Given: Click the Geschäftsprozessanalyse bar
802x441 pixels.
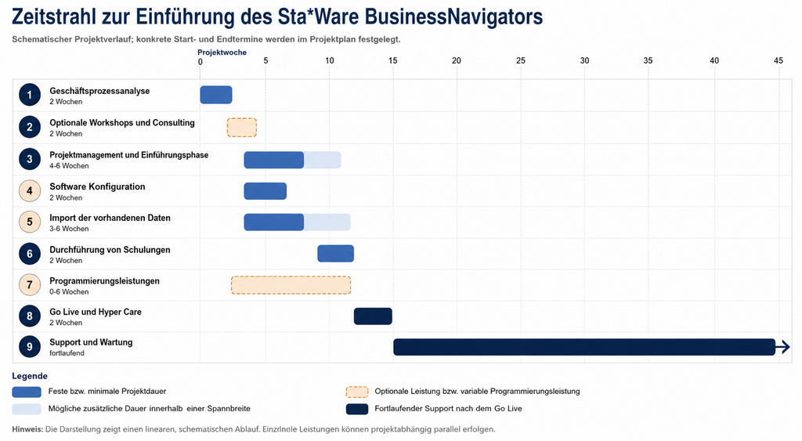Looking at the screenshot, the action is (216, 95).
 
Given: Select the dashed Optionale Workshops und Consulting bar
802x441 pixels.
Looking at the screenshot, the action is (242, 128).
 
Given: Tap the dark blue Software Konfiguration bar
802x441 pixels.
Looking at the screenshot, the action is (265, 191).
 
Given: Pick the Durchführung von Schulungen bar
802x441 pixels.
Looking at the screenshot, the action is (335, 253).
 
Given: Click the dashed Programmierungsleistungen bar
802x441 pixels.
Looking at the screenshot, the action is (291, 285).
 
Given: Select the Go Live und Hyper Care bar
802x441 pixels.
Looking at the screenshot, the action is (373, 316).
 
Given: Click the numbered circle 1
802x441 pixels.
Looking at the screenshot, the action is (30, 95).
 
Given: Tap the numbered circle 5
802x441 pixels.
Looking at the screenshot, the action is (30, 222).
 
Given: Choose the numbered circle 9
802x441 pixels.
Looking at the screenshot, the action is (30, 347).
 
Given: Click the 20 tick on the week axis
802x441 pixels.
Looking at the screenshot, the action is (457, 61).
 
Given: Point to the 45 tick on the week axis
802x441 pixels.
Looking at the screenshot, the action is (778, 61).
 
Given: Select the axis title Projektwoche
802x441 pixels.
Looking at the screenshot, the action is (222, 52).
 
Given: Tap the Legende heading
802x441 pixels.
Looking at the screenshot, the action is (30, 376).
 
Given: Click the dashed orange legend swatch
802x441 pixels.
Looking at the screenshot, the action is (357, 392).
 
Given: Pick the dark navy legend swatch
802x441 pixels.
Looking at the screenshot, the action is (357, 409).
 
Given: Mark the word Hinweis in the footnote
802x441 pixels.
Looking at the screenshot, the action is (27, 429).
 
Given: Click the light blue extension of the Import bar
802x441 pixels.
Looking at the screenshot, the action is (327, 222).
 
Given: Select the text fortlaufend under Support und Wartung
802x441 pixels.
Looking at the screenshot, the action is (67, 353).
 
